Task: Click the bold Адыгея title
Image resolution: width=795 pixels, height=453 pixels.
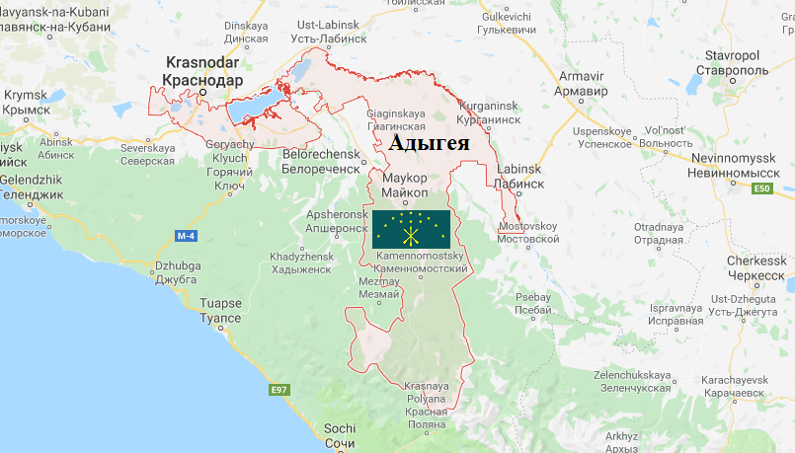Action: [429, 142]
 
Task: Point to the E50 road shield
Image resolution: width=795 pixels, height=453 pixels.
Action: [760, 189]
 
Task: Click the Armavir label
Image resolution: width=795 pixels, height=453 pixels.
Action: [581, 83]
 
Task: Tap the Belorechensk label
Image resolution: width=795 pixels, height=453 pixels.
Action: [321, 162]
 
